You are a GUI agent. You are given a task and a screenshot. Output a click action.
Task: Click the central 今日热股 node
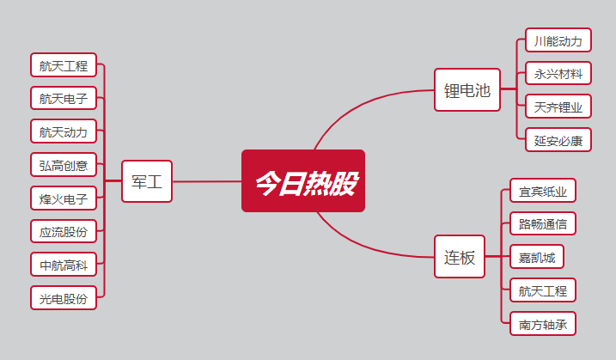pos(303,180)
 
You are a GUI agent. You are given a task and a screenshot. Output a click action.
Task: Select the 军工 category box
pos(147,181)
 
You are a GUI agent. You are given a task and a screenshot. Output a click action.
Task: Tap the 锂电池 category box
pos(467,90)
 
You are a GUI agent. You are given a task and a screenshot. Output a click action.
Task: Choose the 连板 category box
pos(460,257)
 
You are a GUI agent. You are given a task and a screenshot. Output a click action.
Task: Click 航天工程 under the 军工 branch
pos(64,64)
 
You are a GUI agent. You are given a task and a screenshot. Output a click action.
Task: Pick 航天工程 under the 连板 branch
pos(543,290)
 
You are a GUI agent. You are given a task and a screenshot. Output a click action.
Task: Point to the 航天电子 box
pos(64,98)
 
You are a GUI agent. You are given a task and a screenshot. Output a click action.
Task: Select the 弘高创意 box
pos(64,165)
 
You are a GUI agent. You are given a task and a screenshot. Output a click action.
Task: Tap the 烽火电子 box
pos(64,198)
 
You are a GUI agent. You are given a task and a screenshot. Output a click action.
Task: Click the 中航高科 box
pos(64,265)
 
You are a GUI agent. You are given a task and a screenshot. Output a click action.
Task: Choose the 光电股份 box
pos(64,298)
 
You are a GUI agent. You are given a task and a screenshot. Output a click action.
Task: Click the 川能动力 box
pos(558,40)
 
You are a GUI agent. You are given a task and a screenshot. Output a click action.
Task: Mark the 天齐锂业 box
pos(558,107)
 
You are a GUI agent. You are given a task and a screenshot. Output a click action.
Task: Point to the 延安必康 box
pos(558,140)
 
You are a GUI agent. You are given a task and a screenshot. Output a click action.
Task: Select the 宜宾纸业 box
pos(543,191)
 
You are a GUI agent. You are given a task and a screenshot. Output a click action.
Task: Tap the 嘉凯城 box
pos(537,257)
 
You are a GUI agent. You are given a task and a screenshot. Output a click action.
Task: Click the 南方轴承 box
pos(543,324)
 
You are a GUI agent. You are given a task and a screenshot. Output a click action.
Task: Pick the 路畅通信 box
pos(543,223)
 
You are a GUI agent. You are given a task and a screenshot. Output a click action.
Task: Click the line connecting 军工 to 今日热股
pos(207,181)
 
